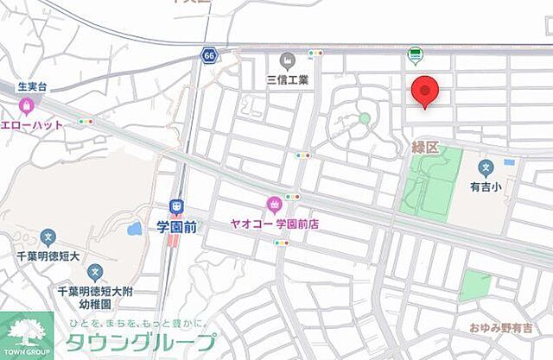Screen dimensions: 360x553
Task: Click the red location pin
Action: click(424, 90)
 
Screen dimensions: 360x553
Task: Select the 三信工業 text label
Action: click(289, 79)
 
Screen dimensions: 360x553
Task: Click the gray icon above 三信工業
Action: click(289, 60)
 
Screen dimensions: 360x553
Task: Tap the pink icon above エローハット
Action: click(26, 106)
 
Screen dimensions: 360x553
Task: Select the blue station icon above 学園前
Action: click(176, 207)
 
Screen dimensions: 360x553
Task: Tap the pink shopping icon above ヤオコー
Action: click(275, 205)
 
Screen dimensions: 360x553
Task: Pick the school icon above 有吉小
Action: click(486, 166)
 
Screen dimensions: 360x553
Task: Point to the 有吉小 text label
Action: click(486, 184)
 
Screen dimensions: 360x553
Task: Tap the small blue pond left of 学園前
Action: click(134, 230)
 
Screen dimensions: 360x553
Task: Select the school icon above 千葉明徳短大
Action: click(48, 235)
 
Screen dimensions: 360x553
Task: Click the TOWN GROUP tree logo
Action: click(26, 334)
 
